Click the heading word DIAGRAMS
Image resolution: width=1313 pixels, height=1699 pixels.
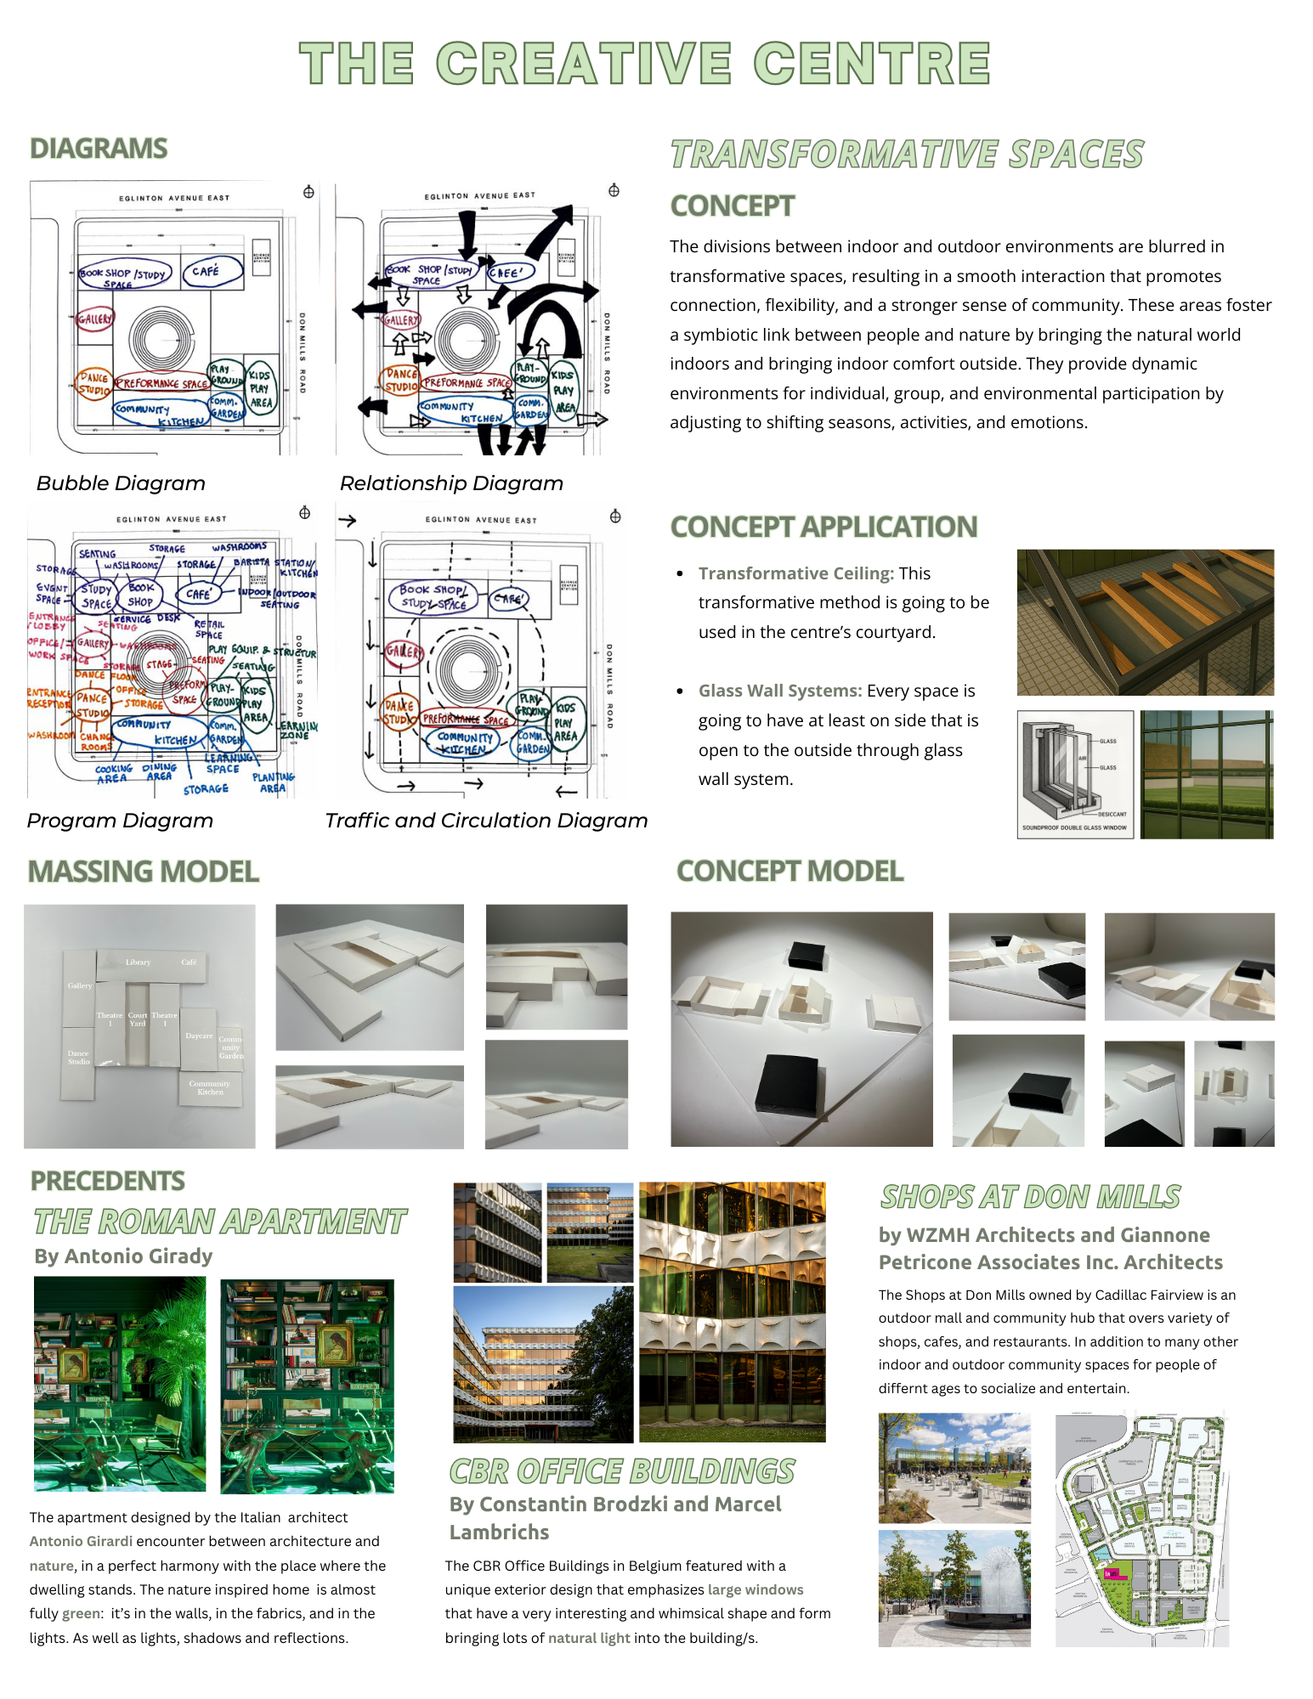point(99,149)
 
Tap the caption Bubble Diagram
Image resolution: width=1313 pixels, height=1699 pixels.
point(121,483)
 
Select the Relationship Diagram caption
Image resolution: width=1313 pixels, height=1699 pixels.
point(451,483)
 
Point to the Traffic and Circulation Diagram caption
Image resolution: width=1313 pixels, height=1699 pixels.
point(486,821)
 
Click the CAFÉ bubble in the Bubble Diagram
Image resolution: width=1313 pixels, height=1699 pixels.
point(211,272)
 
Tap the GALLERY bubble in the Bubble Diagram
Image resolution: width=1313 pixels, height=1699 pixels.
point(94,319)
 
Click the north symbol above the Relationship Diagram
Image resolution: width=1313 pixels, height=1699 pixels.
point(614,190)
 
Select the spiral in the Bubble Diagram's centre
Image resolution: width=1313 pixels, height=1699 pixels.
point(156,340)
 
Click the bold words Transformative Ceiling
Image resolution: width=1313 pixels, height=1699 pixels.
point(795,573)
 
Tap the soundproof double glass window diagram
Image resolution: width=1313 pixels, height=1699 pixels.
point(1075,774)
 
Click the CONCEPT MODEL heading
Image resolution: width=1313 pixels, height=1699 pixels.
point(789,871)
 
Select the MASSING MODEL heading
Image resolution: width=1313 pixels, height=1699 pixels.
point(143,872)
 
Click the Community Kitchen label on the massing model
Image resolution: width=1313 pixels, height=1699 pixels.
point(210,1087)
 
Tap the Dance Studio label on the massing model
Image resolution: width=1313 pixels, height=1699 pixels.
point(79,1057)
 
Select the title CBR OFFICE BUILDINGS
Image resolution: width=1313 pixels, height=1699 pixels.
point(621,1471)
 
